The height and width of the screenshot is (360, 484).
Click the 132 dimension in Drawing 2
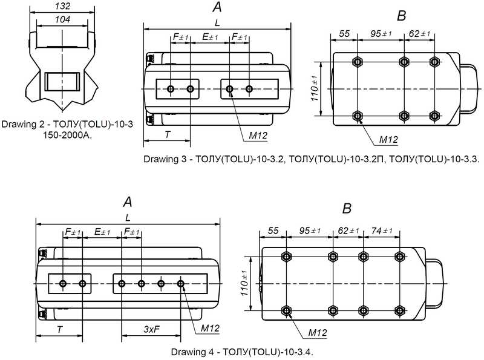62,7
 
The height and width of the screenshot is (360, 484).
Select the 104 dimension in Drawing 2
62,20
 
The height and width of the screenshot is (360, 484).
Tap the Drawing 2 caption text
67,129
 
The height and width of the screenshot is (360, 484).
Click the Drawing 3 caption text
312,160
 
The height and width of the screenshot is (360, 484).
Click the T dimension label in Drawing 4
60,329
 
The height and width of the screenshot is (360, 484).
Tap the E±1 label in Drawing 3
209,37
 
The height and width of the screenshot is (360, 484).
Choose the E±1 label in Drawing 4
102,232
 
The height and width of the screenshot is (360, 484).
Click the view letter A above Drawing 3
217,8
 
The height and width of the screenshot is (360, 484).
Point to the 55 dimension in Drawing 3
345,33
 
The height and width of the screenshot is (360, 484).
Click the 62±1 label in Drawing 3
419,33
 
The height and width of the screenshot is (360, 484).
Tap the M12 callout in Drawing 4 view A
209,328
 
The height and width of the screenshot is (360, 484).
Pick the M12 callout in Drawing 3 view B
388,140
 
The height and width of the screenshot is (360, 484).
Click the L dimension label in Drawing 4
128,217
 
